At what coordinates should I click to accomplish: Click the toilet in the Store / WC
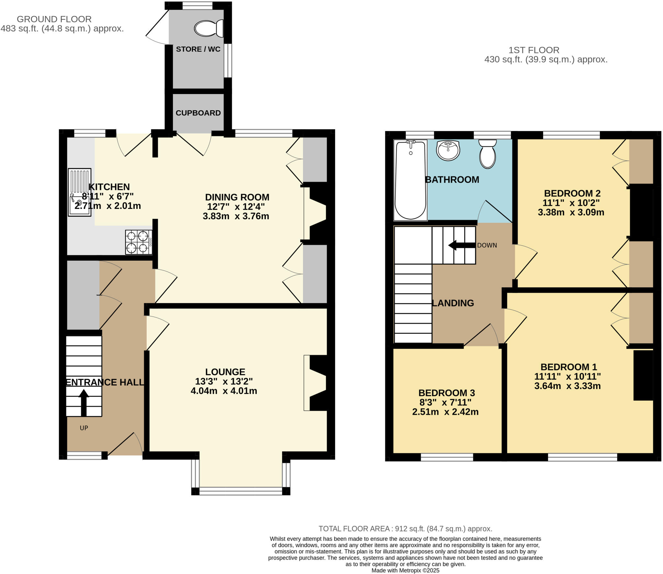[x=209, y=28]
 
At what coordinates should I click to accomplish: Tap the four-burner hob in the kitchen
[x=139, y=242]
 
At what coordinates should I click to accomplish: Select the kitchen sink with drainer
[x=79, y=192]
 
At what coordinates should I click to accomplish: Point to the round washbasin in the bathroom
[x=448, y=150]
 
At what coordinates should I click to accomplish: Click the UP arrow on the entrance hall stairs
[x=84, y=402]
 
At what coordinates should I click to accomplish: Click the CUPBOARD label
[x=198, y=113]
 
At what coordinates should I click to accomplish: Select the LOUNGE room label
[x=225, y=372]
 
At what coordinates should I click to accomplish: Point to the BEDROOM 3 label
[x=446, y=393]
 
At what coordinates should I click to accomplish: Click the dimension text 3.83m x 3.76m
[x=236, y=216]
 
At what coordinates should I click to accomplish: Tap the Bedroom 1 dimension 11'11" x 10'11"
[x=567, y=376]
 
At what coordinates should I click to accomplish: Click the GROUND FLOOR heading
[x=54, y=19]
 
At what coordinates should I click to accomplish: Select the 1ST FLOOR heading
[x=534, y=50]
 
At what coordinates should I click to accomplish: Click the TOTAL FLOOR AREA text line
[x=405, y=528]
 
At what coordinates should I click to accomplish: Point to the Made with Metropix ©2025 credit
[x=405, y=570]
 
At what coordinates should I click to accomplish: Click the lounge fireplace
[x=316, y=383]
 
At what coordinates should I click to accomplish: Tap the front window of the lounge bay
[x=241, y=492]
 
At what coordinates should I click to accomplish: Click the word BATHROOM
[x=452, y=179]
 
